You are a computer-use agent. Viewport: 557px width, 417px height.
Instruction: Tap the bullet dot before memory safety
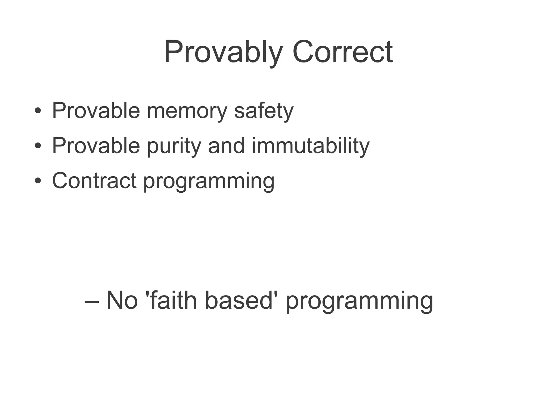point(38,111)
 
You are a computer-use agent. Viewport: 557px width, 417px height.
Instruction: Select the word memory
point(187,111)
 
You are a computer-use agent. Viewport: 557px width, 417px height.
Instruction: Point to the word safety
point(264,111)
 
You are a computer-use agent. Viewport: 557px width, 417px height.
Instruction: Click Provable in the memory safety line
point(96,111)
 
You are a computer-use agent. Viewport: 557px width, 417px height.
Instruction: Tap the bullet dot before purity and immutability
point(38,146)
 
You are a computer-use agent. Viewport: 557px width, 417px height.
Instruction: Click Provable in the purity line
point(96,146)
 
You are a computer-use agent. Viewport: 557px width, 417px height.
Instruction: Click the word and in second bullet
point(226,146)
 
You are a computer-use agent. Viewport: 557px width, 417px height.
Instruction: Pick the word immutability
point(311,146)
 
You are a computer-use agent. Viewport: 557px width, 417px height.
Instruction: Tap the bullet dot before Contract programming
point(38,181)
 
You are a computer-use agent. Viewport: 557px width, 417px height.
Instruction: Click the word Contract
point(94,181)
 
